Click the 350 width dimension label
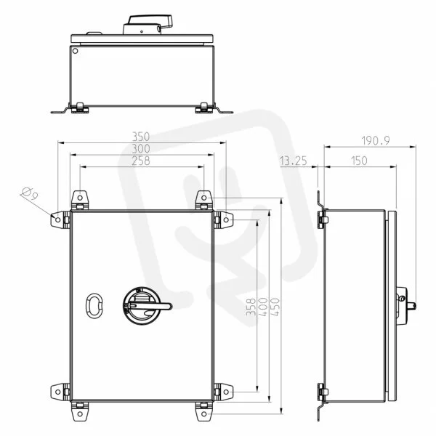141,137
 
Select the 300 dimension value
141,149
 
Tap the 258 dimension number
141,161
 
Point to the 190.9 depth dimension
376,141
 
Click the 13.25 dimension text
294,161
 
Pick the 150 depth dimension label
359,161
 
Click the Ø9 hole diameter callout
30,193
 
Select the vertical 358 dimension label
251,307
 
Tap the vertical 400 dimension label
263,307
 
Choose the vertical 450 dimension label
275,307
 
